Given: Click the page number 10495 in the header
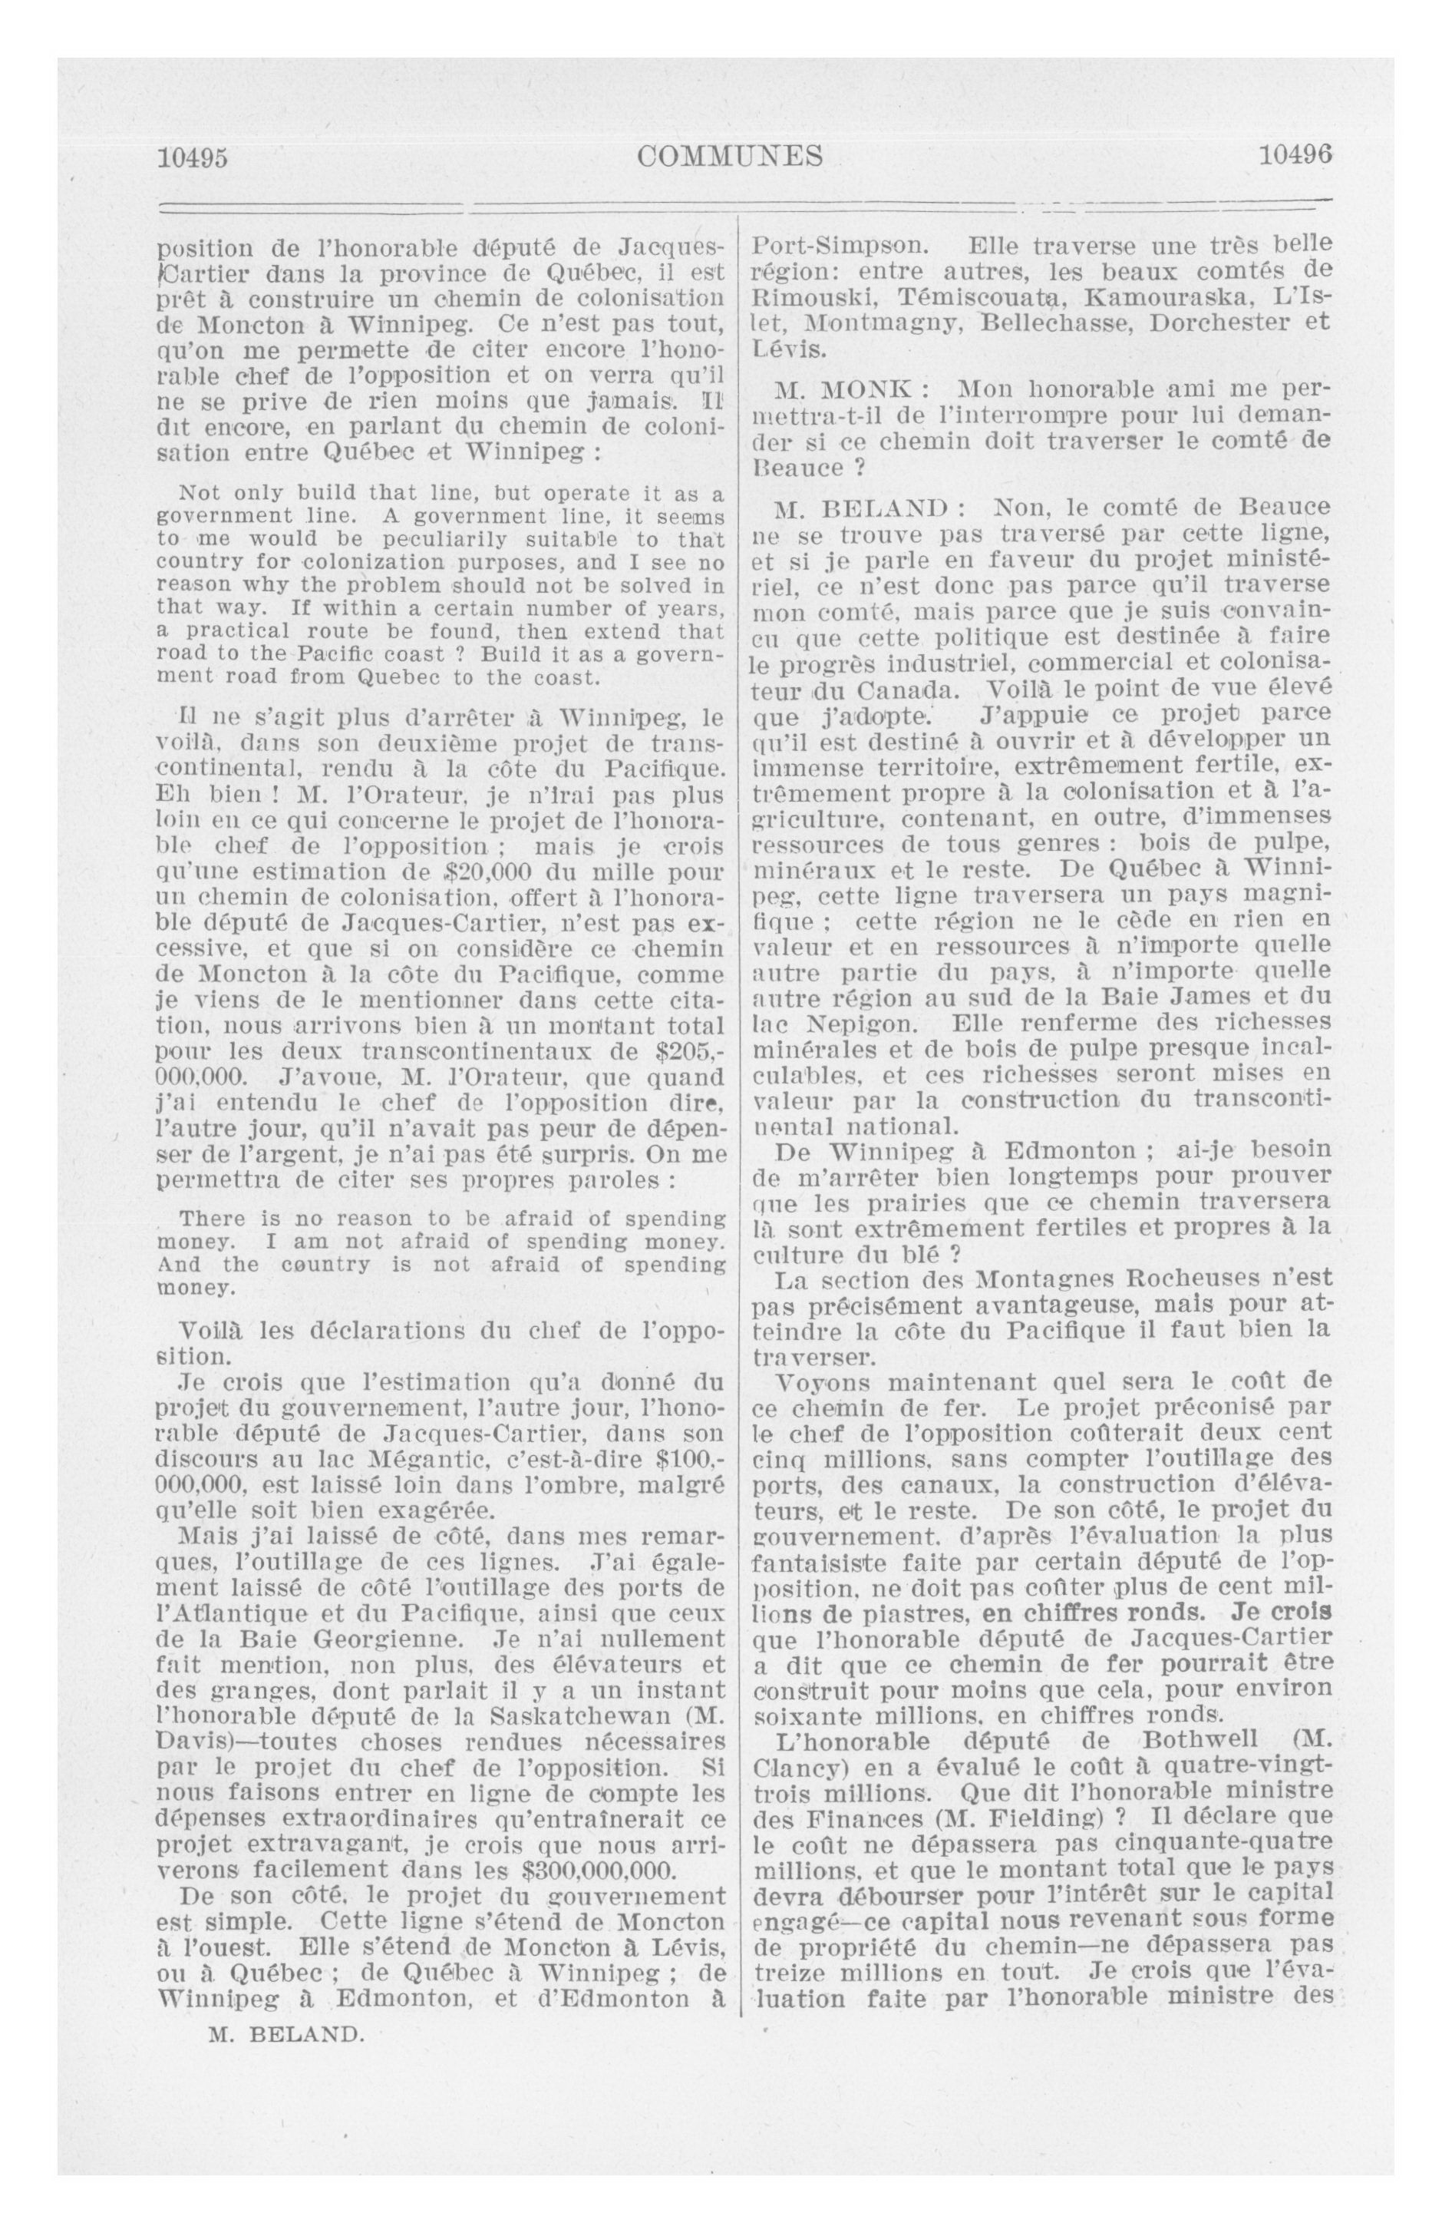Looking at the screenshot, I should click(x=193, y=157).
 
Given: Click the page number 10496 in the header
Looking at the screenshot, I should click(x=1295, y=155).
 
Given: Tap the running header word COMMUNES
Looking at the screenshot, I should click(x=730, y=156).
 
